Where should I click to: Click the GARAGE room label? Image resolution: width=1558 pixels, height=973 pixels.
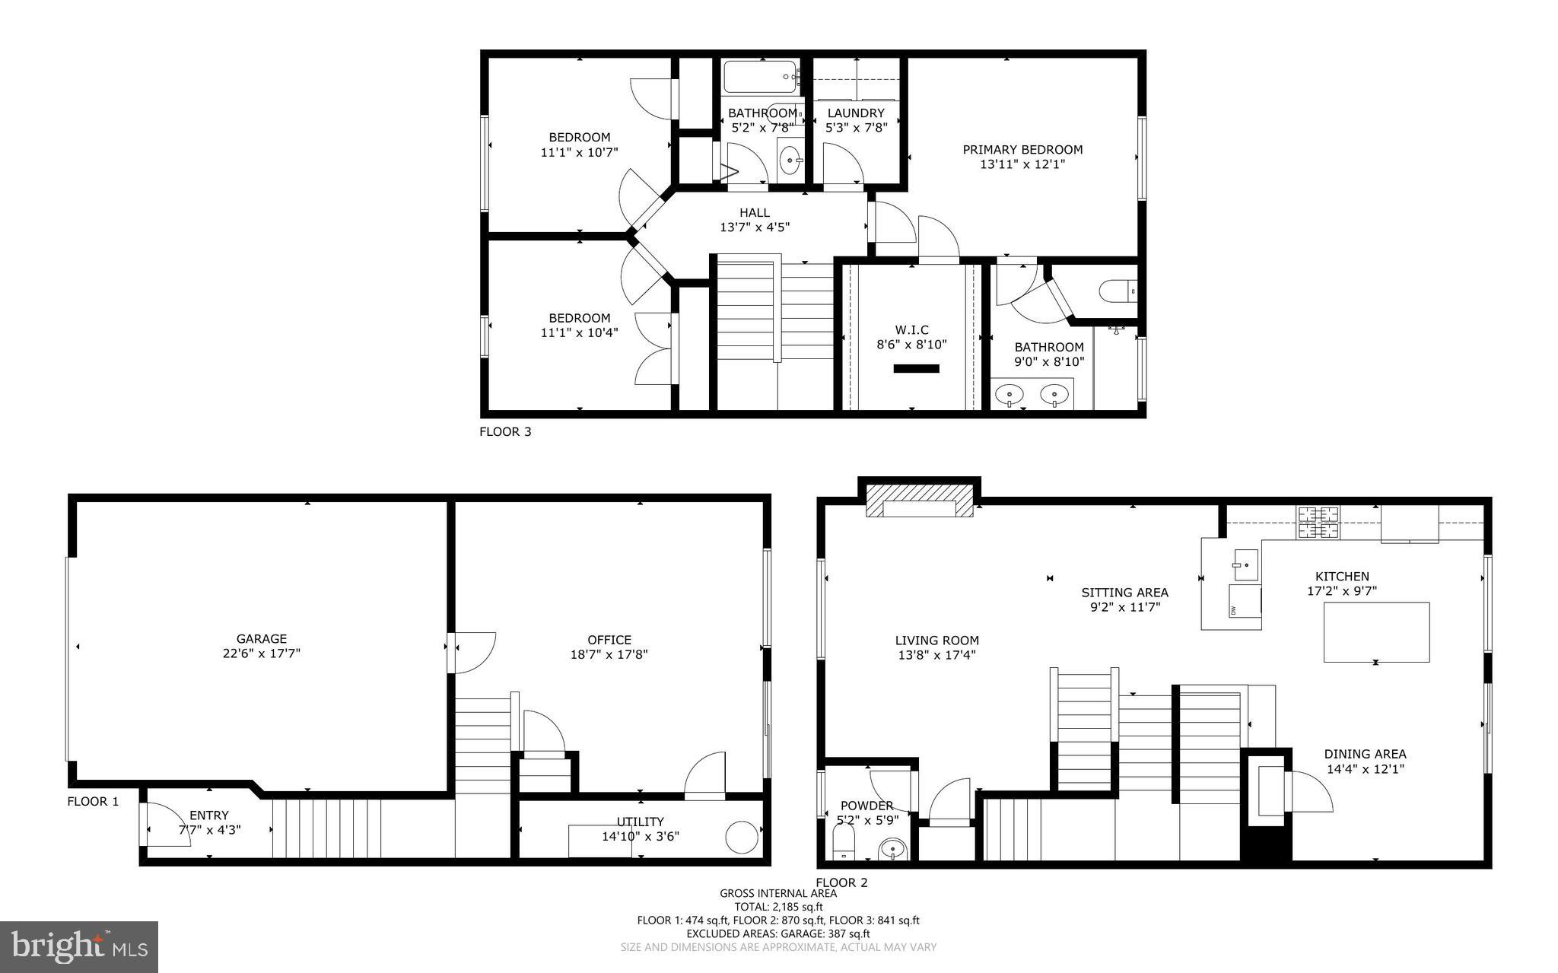(261, 639)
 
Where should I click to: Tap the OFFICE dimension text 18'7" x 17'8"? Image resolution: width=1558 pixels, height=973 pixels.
(609, 654)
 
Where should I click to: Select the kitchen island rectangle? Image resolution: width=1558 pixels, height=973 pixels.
(1376, 631)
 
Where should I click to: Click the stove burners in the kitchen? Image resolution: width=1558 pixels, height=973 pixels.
(1318, 523)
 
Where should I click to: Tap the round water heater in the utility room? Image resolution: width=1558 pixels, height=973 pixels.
(742, 837)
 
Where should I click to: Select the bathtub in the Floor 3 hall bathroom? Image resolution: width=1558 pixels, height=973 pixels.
(759, 76)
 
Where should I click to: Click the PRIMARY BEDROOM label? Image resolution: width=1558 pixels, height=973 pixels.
(1022, 150)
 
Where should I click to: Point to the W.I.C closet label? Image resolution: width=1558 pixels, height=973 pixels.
(911, 329)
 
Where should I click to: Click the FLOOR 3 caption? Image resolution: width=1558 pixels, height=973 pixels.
(505, 432)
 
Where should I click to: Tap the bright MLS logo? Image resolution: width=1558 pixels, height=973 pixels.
(79, 946)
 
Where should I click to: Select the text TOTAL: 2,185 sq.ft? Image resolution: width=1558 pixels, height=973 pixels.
(778, 907)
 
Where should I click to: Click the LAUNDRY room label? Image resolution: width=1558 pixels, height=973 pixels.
(856, 113)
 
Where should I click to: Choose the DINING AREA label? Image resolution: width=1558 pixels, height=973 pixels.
(1365, 754)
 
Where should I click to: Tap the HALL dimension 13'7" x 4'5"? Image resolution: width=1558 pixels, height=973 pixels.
(754, 227)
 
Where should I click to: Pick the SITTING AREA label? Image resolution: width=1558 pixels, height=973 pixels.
(1124, 593)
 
